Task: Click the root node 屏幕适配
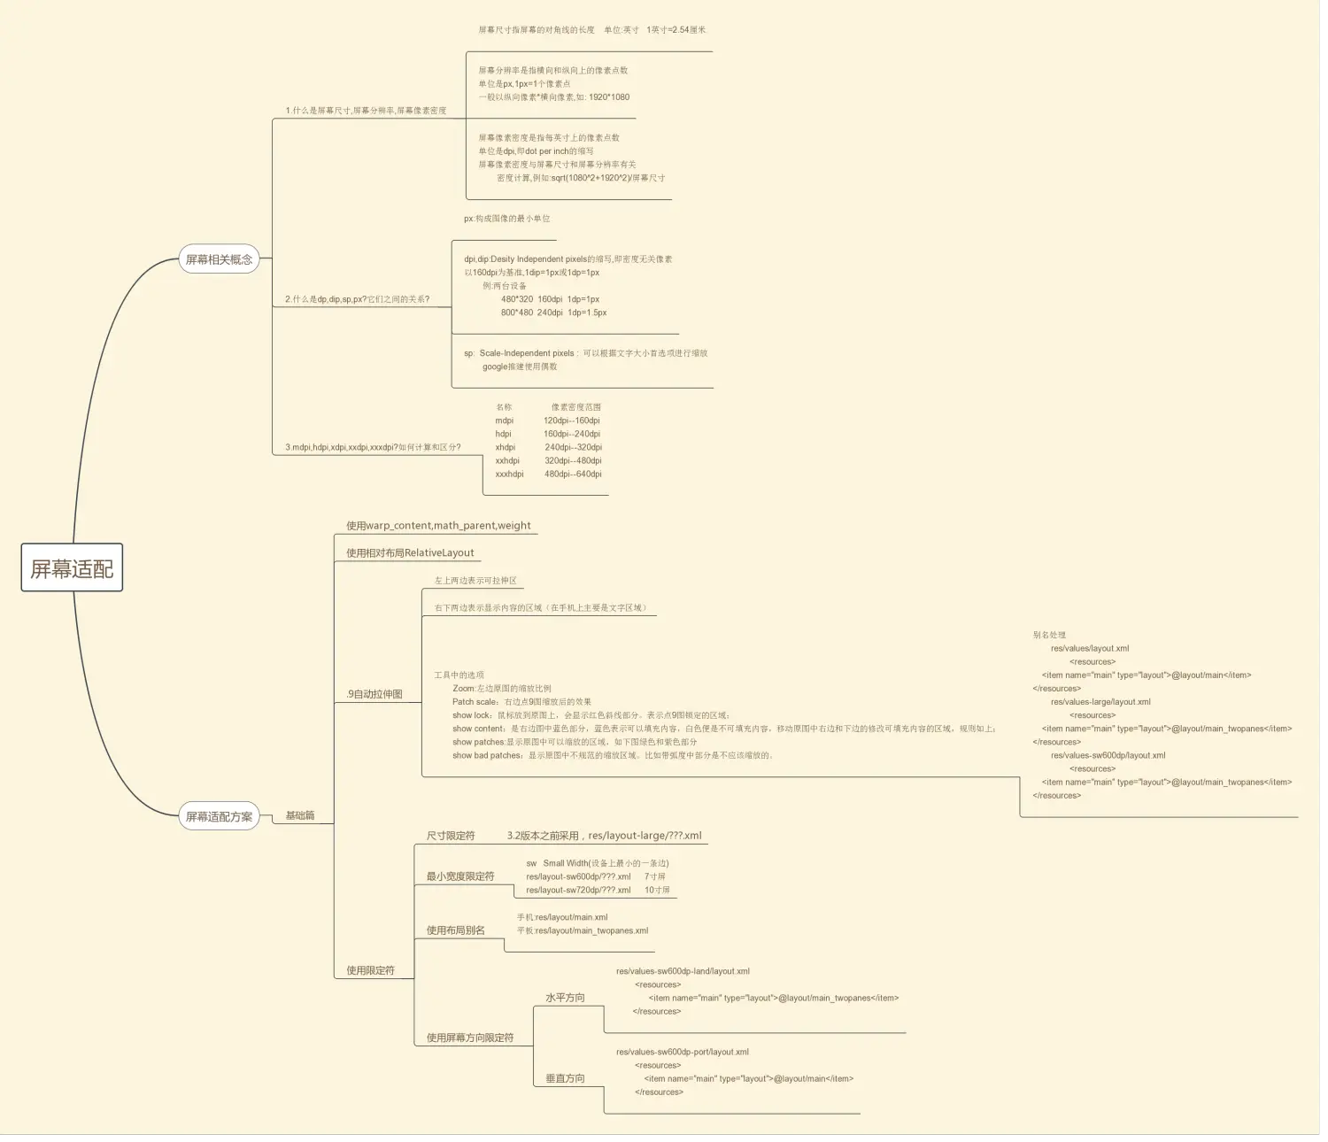click(72, 568)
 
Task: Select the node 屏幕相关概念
click(219, 259)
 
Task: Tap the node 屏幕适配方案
click(219, 816)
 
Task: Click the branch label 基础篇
click(299, 815)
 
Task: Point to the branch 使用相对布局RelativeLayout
click(410, 553)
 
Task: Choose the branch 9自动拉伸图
click(374, 694)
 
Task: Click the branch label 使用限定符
click(370, 970)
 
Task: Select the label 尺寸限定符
click(451, 836)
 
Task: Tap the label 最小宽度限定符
click(460, 876)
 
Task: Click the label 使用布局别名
click(455, 930)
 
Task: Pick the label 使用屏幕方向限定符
click(469, 1038)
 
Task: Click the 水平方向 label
click(565, 998)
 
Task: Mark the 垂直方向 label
click(565, 1078)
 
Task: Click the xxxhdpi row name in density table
click(509, 475)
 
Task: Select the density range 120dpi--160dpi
click(571, 421)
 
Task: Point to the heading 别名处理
click(1049, 635)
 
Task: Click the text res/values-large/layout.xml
click(1100, 702)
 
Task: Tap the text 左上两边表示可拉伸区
click(475, 581)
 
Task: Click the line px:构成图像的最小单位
click(506, 219)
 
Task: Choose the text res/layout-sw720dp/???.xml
click(578, 891)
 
